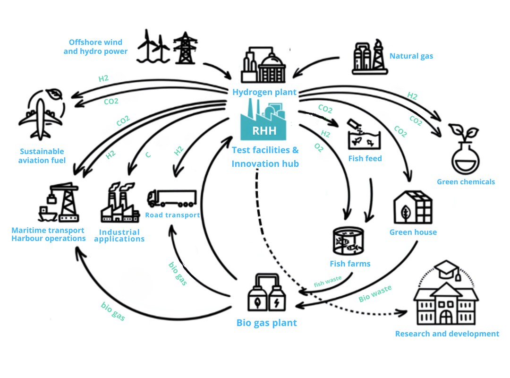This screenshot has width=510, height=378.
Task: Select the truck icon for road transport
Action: (171, 198)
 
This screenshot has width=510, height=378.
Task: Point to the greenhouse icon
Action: (413, 208)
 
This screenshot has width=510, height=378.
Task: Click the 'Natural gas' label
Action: (411, 56)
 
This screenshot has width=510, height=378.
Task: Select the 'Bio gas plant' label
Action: (266, 323)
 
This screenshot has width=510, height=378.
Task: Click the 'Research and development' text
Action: (447, 334)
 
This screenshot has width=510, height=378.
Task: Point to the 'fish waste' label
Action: (328, 282)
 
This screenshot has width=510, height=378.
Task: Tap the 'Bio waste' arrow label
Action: (375, 294)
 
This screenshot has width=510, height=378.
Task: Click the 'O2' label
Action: (319, 148)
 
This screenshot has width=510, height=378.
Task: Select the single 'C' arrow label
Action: (148, 155)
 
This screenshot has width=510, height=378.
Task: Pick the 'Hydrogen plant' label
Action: (264, 92)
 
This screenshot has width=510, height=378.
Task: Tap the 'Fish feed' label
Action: (365, 158)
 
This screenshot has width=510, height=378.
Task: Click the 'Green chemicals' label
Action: (466, 182)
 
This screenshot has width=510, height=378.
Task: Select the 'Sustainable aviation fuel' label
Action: (42, 156)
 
